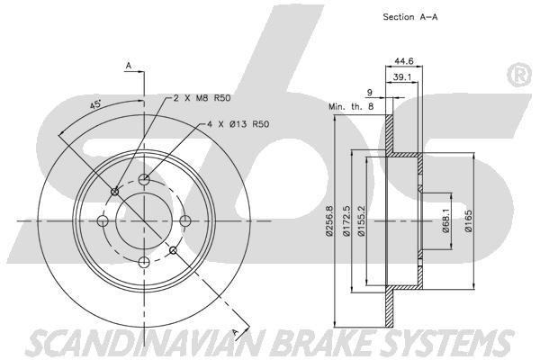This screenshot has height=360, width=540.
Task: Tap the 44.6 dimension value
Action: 403,62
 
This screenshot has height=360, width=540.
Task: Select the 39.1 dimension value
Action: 403,78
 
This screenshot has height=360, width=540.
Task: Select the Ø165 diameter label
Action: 469,221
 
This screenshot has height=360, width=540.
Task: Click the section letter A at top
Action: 129,67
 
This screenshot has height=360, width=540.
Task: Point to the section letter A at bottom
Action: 236,332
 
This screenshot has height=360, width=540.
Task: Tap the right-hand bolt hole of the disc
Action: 185,221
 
